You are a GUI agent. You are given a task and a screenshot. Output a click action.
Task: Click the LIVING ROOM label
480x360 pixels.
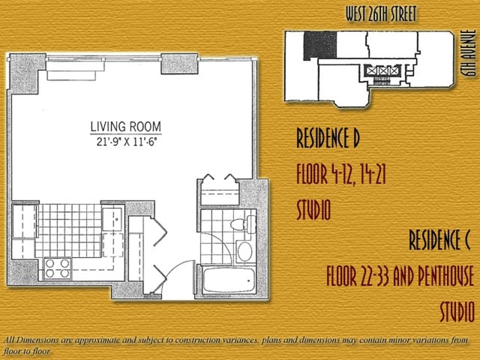pos(126,127)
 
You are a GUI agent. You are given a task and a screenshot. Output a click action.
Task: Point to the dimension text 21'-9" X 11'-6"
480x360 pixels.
pos(127,142)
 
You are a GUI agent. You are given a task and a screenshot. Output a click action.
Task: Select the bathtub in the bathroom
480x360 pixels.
pos(229,280)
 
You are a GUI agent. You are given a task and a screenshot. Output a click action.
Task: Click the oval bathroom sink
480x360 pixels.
pos(245,252)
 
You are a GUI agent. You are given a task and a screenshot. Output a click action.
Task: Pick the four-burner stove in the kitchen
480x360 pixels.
pos(58,268)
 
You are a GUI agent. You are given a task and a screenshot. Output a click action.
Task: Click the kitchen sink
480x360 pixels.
pos(113,219)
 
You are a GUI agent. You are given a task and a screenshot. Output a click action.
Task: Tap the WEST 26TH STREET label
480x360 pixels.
pos(381,14)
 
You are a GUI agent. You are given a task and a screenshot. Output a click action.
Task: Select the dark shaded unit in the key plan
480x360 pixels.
pos(320,45)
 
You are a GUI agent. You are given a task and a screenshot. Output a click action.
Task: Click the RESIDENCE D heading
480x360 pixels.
pos(328,138)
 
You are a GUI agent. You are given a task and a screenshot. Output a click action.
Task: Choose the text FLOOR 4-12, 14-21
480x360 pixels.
pos(341,174)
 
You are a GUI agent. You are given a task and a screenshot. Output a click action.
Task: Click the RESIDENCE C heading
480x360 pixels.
pos(439,240)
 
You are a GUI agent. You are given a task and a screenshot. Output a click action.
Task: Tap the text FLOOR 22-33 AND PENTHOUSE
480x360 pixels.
pos(400,276)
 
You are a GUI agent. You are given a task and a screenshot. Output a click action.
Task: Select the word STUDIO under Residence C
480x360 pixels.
pos(457,311)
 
